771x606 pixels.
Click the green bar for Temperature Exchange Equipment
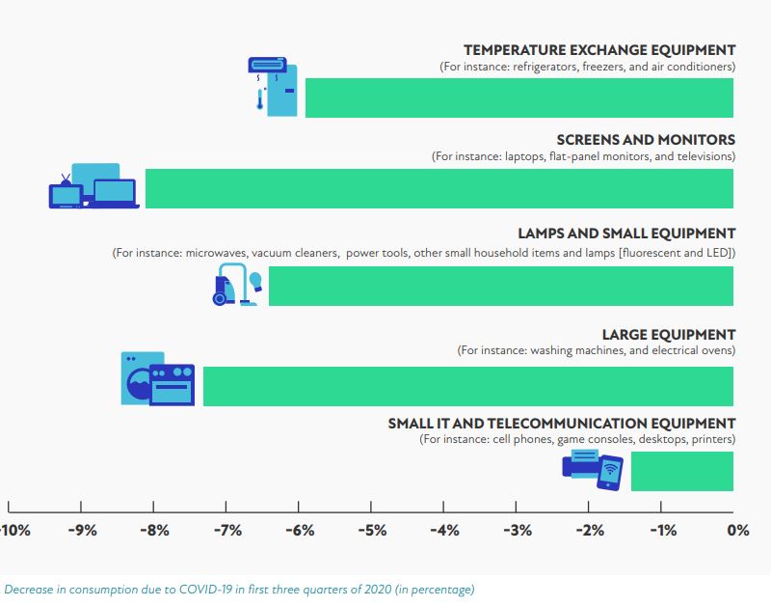point(519,97)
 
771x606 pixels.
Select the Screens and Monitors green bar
point(439,188)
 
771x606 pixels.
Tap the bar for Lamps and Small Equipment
point(501,286)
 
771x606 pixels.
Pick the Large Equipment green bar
point(467,386)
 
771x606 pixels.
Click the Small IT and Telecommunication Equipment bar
point(681,471)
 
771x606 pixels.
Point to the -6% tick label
point(299,530)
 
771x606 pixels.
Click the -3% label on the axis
point(518,530)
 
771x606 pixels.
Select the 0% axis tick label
point(738,530)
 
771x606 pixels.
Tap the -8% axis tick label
point(154,530)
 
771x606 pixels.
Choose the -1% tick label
point(663,530)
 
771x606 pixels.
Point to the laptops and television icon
point(93,186)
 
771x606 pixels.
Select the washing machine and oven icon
point(157,379)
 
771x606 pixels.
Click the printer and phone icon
point(593,471)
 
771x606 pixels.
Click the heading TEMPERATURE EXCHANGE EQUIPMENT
point(598,50)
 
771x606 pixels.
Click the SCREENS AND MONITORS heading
point(640,140)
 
